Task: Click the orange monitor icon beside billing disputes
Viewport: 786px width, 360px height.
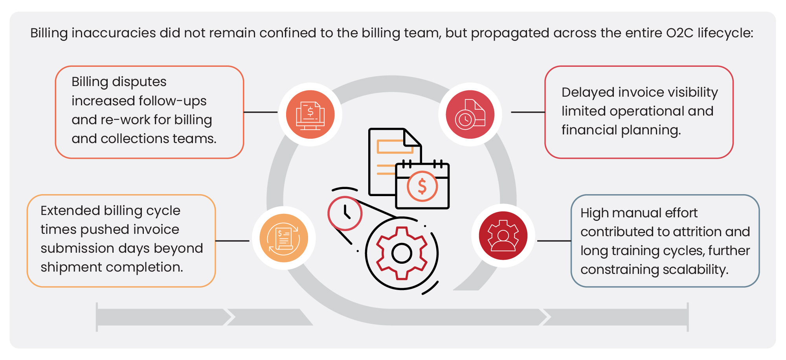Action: tap(310, 114)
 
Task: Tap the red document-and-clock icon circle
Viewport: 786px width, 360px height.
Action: tap(470, 114)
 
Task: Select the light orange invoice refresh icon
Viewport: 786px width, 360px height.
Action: tap(284, 238)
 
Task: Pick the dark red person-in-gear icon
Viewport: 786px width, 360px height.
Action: tap(503, 236)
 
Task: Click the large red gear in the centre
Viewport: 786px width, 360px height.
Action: tap(402, 253)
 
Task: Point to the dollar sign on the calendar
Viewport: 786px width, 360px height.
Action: tap(422, 186)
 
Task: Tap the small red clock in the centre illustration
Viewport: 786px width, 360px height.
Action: tap(345, 213)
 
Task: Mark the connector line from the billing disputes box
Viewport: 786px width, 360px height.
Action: tap(261, 112)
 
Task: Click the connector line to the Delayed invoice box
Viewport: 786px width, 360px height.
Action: tap(528, 112)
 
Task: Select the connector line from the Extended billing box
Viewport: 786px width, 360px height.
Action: tap(232, 241)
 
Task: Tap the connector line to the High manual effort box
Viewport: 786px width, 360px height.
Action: tap(554, 241)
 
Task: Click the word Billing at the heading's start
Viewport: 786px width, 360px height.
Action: tap(49, 33)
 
